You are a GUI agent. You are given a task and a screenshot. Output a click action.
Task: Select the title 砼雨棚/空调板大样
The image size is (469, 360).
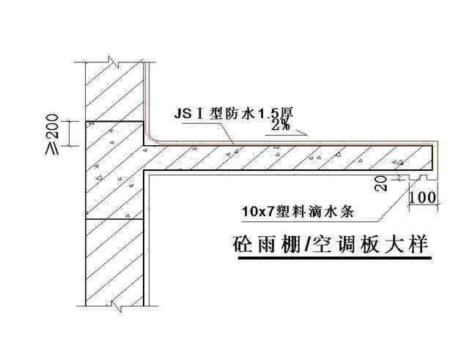click(x=330, y=244)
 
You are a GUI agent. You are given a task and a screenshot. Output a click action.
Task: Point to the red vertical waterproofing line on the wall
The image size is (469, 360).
click(x=148, y=95)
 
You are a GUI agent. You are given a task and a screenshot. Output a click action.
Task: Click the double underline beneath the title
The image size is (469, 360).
click(x=330, y=259)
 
